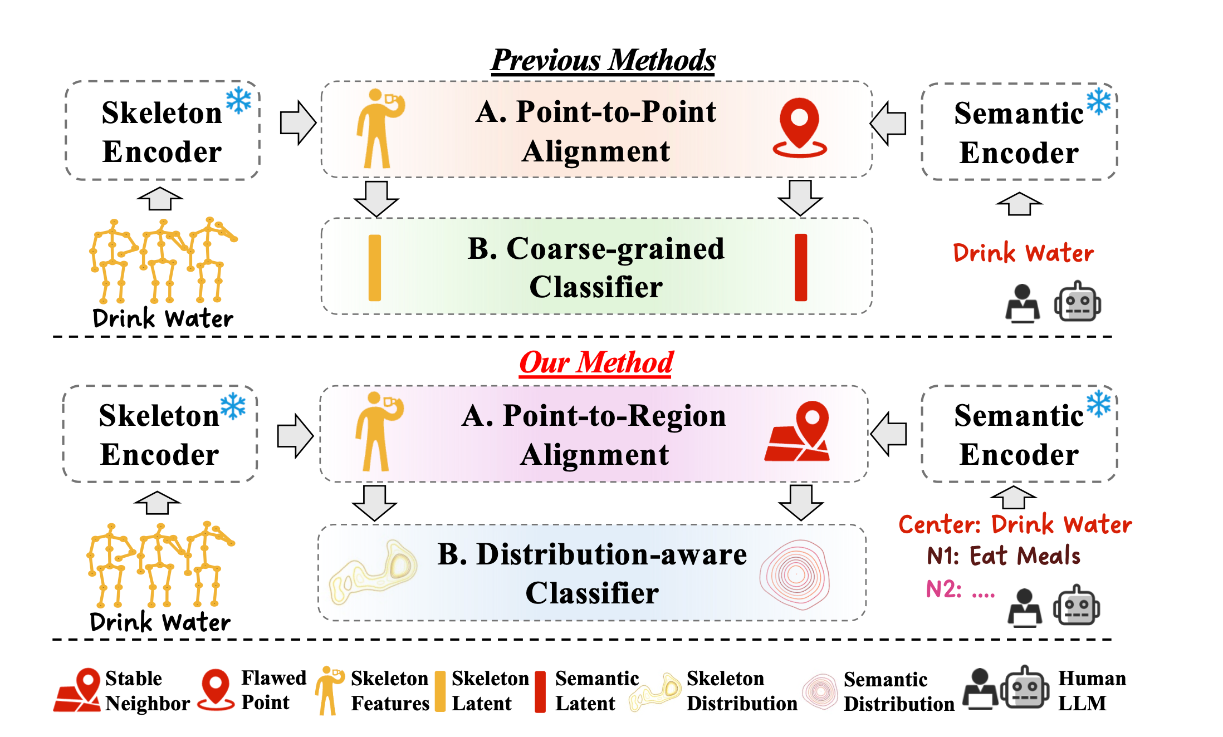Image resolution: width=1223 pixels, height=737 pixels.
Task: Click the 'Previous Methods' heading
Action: click(x=603, y=60)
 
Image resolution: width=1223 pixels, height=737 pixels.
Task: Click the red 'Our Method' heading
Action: click(x=596, y=362)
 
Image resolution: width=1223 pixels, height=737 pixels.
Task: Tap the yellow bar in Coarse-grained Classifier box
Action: click(x=375, y=268)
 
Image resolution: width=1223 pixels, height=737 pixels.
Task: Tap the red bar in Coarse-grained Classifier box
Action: click(x=801, y=268)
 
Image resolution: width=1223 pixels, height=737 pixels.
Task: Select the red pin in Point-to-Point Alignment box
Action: click(x=799, y=127)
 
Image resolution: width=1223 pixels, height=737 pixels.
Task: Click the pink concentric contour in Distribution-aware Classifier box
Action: click(x=795, y=574)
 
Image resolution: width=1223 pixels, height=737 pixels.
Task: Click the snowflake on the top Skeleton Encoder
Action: click(x=238, y=101)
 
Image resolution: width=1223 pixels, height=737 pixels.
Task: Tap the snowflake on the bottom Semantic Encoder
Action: click(x=1099, y=404)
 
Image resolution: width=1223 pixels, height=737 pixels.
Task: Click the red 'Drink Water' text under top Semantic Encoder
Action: click(x=1023, y=253)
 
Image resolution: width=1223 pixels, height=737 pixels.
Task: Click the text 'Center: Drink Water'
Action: click(x=1015, y=524)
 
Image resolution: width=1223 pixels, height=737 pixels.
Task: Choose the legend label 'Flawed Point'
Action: click(x=273, y=690)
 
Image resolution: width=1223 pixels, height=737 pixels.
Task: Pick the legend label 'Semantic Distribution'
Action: click(x=899, y=691)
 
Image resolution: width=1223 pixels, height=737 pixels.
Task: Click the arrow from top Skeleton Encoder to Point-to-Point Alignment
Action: click(x=298, y=122)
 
